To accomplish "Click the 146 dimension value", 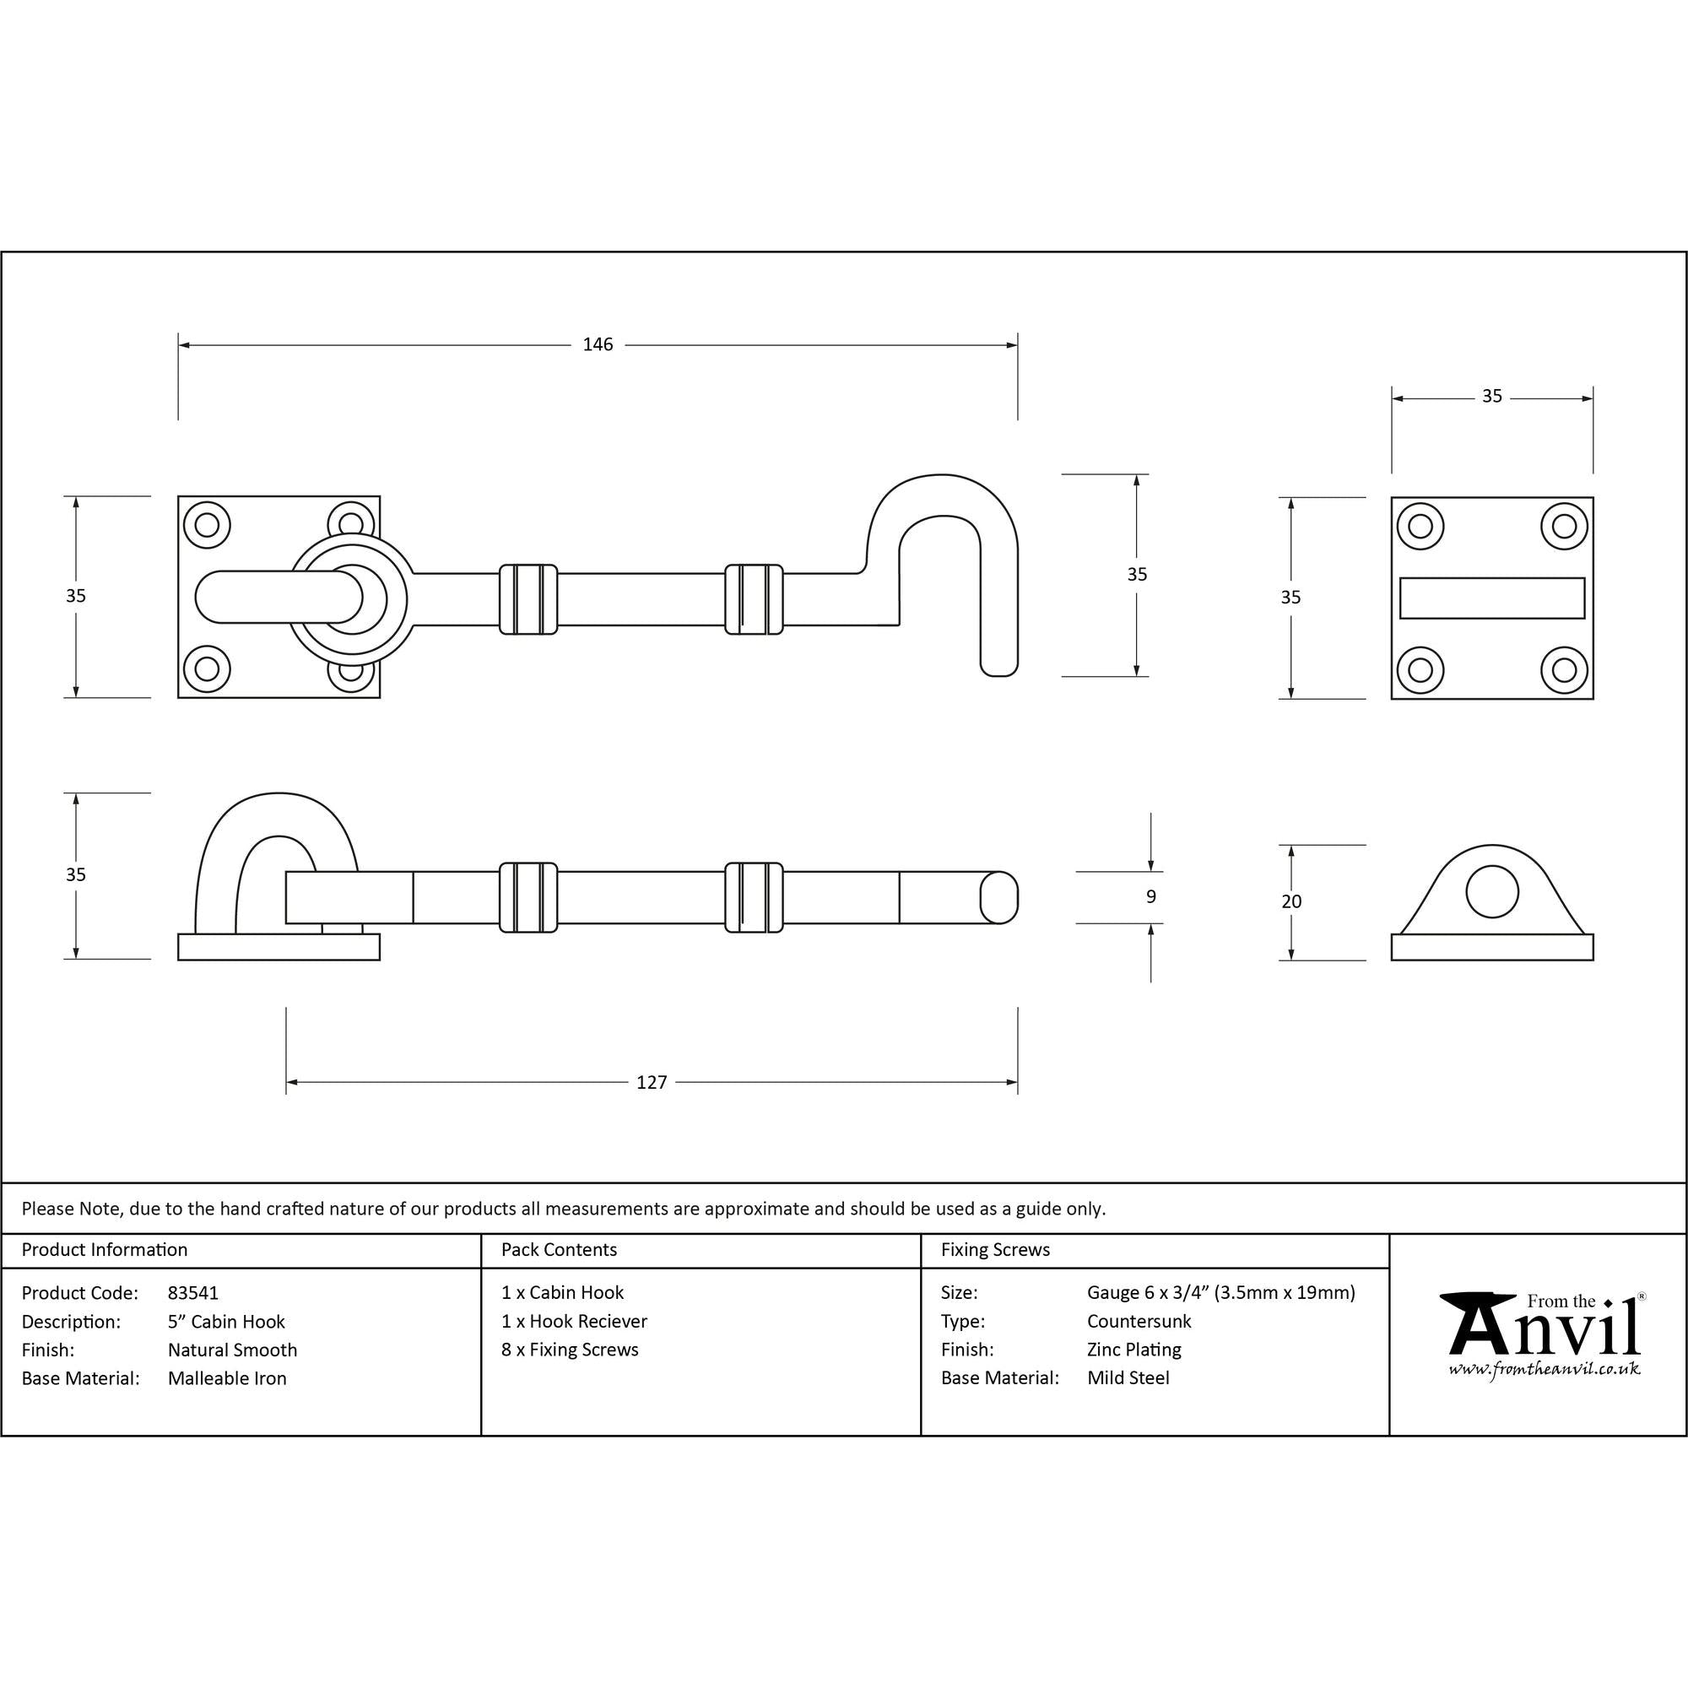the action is click(598, 345).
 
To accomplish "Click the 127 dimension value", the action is click(652, 1083).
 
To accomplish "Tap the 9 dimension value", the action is click(1150, 896).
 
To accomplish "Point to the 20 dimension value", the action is click(1291, 901).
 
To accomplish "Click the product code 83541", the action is click(193, 1293).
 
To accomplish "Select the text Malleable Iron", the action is click(227, 1379).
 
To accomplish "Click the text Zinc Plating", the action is click(1134, 1350).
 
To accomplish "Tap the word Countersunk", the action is click(1139, 1322).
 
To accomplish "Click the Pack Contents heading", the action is click(560, 1250).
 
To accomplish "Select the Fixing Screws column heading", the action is click(995, 1250).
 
